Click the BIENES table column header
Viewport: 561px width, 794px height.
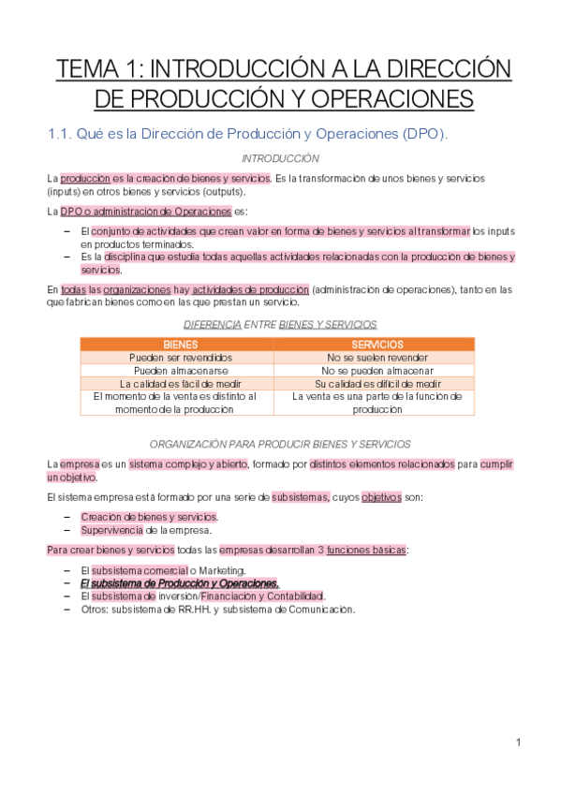pyautogui.click(x=181, y=345)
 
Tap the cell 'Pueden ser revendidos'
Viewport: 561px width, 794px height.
pyautogui.click(x=181, y=358)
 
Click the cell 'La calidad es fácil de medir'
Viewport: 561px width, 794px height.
pyautogui.click(x=181, y=384)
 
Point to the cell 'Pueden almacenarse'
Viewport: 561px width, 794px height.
pyautogui.click(x=181, y=371)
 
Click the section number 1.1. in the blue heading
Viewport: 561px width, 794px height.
pyautogui.click(x=61, y=133)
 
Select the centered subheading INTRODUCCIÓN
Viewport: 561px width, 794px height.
pyautogui.click(x=280, y=158)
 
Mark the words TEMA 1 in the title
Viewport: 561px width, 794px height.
pyautogui.click(x=98, y=69)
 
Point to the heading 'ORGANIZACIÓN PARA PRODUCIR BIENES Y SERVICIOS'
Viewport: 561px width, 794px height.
pyautogui.click(x=280, y=443)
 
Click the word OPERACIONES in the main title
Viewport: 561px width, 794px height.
pyautogui.click(x=397, y=98)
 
